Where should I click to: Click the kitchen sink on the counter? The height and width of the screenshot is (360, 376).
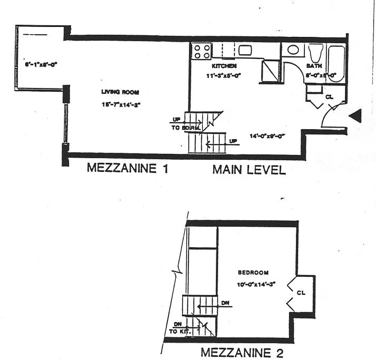245,50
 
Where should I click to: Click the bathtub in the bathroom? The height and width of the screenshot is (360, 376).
336,63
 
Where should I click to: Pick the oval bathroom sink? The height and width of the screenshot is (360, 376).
293,49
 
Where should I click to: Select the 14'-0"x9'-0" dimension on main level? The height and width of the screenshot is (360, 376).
268,135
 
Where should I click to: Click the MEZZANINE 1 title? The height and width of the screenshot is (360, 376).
125,169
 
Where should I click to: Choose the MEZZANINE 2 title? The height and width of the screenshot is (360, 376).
242,352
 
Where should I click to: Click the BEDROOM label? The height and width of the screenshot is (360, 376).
253,273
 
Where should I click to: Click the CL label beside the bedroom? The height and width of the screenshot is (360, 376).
301,292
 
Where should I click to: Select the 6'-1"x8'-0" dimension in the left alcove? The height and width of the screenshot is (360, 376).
40,64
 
